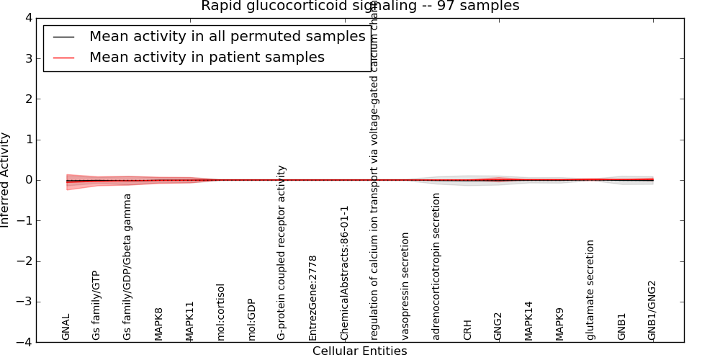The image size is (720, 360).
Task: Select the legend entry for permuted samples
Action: click(227, 37)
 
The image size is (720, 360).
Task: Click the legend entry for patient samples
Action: click(207, 58)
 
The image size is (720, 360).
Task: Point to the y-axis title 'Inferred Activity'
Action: click(6, 180)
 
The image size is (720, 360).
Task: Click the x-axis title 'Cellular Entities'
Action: click(359, 351)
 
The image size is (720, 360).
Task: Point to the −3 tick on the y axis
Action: click(24, 302)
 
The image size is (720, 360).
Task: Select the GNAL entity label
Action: click(66, 327)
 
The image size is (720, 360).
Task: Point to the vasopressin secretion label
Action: click(405, 286)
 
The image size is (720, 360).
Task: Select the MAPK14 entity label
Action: click(528, 321)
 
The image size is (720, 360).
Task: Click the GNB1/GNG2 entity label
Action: click(652, 310)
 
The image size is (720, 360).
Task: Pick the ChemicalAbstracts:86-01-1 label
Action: click(344, 273)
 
